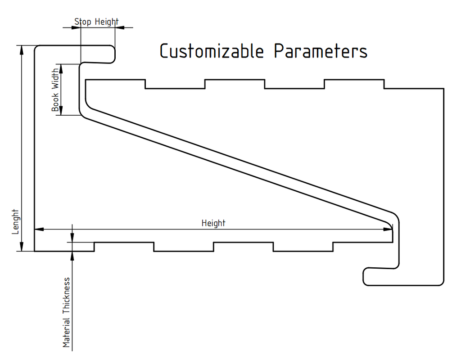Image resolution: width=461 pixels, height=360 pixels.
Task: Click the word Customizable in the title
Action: (x=212, y=51)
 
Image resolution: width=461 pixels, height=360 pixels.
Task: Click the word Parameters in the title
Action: (x=321, y=51)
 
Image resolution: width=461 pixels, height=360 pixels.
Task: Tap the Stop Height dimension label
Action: (x=96, y=22)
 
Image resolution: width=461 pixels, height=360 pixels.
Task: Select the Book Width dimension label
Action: (x=55, y=90)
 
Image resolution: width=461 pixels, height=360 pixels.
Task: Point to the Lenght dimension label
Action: (x=15, y=221)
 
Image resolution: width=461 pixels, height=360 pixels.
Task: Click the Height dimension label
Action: (x=213, y=223)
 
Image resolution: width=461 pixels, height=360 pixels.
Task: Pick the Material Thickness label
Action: (x=66, y=312)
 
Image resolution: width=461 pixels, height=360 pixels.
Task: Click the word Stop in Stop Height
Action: (x=83, y=22)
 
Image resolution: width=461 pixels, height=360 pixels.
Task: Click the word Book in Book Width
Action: (x=55, y=103)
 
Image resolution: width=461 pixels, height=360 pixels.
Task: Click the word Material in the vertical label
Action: (x=66, y=332)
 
